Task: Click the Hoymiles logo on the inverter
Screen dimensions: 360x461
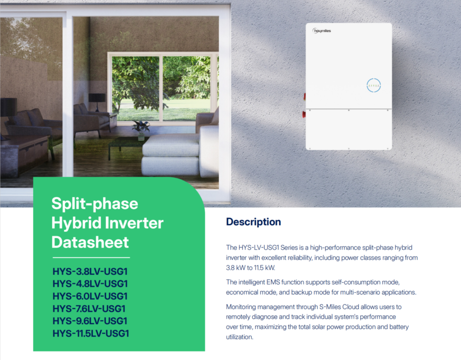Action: [321, 31]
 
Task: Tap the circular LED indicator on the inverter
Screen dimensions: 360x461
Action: [374, 85]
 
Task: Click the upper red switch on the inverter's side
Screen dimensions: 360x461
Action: [304, 96]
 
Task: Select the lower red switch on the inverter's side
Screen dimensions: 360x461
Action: [304, 114]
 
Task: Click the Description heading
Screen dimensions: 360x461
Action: [253, 222]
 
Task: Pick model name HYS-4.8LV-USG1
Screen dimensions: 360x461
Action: [90, 284]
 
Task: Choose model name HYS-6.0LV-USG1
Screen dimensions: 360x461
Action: [90, 296]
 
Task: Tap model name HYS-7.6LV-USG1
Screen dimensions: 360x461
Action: [89, 309]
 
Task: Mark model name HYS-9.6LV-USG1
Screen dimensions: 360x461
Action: [90, 321]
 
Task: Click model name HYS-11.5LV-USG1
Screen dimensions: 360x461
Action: [91, 333]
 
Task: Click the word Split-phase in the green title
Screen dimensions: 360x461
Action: [95, 204]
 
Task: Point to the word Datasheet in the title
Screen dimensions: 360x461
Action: [90, 242]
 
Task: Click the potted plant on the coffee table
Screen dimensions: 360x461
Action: [141, 127]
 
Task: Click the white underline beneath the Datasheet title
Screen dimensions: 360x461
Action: [91, 257]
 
